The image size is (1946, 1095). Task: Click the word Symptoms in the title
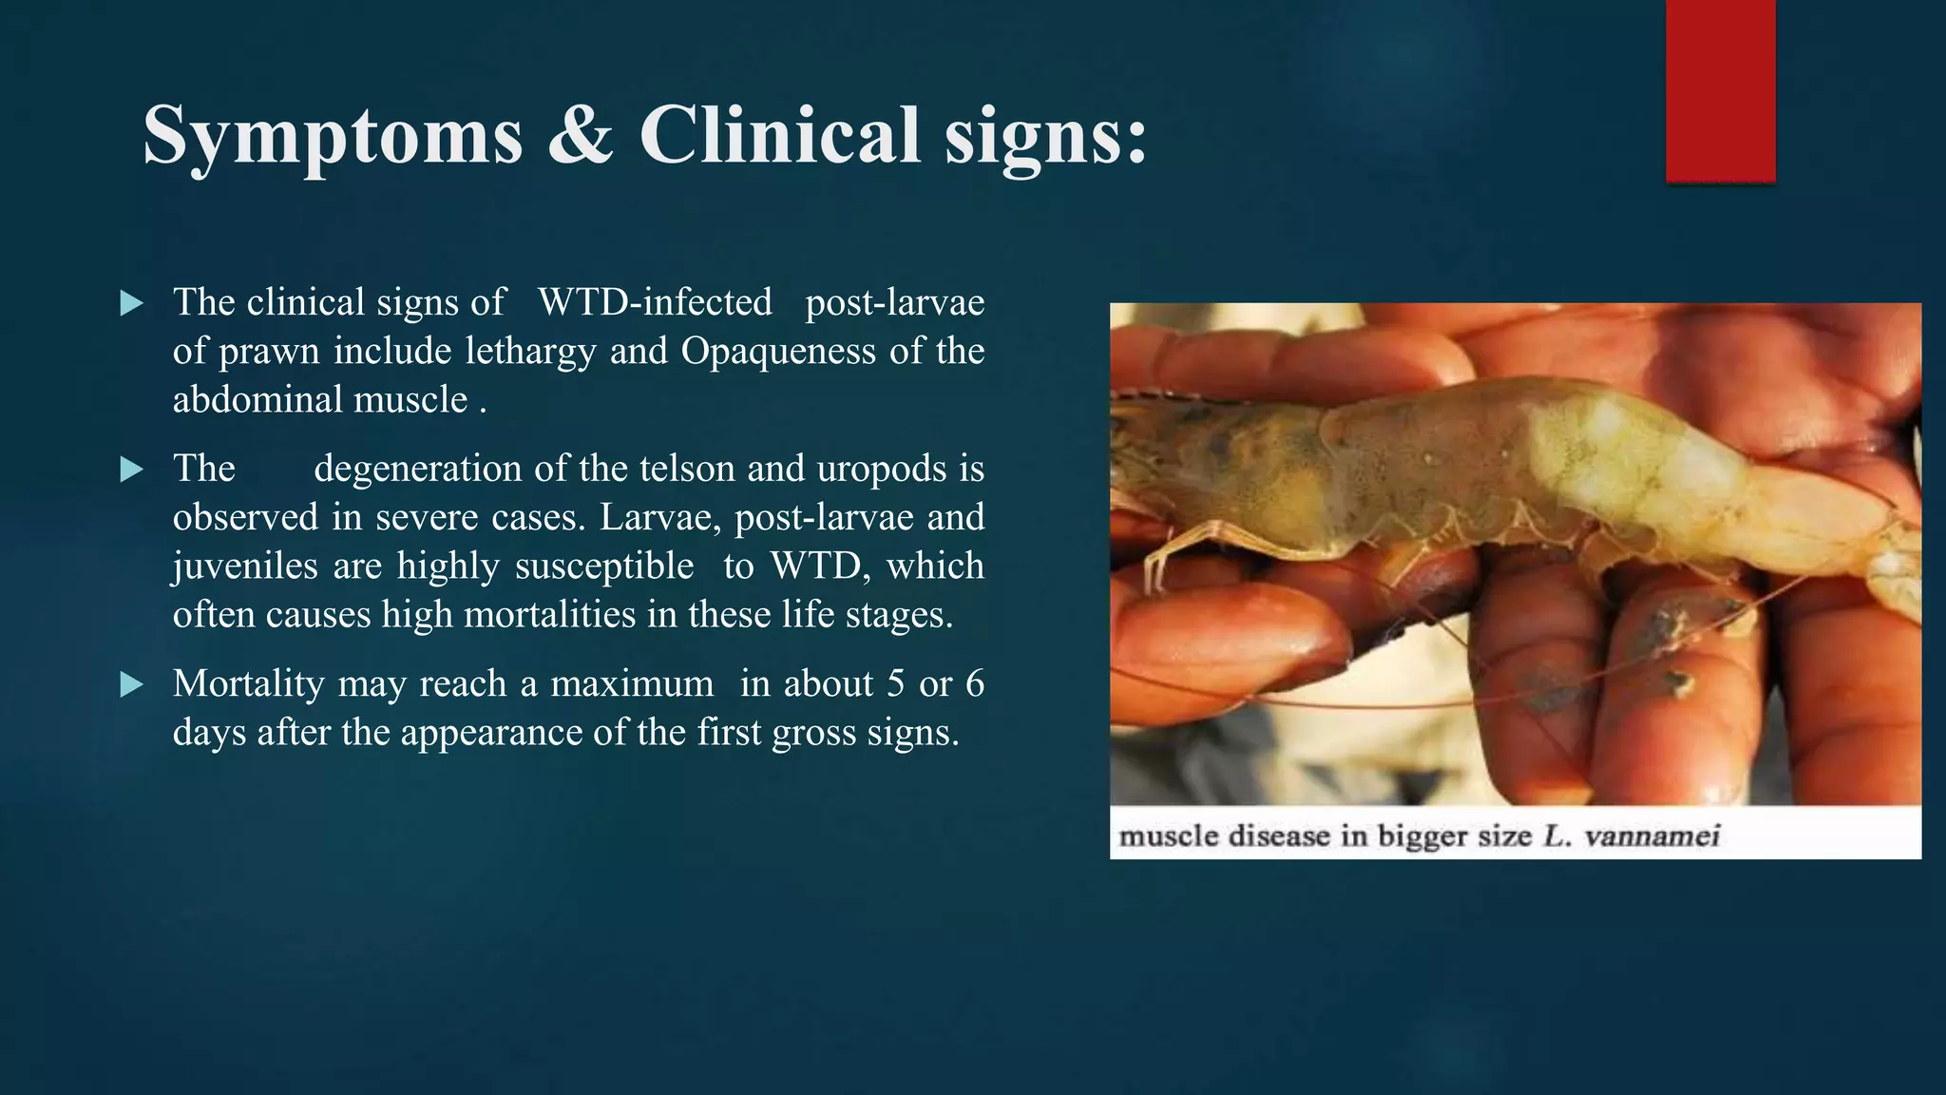click(333, 136)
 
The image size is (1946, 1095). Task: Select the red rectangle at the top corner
click(1720, 90)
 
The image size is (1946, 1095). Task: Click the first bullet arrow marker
click(132, 304)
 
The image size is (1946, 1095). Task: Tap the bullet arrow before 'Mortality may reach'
click(132, 685)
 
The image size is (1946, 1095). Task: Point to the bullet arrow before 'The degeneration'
click(132, 470)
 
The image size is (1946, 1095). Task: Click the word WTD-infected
click(655, 302)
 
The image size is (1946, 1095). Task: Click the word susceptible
click(604, 567)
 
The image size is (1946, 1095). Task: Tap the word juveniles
click(245, 567)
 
